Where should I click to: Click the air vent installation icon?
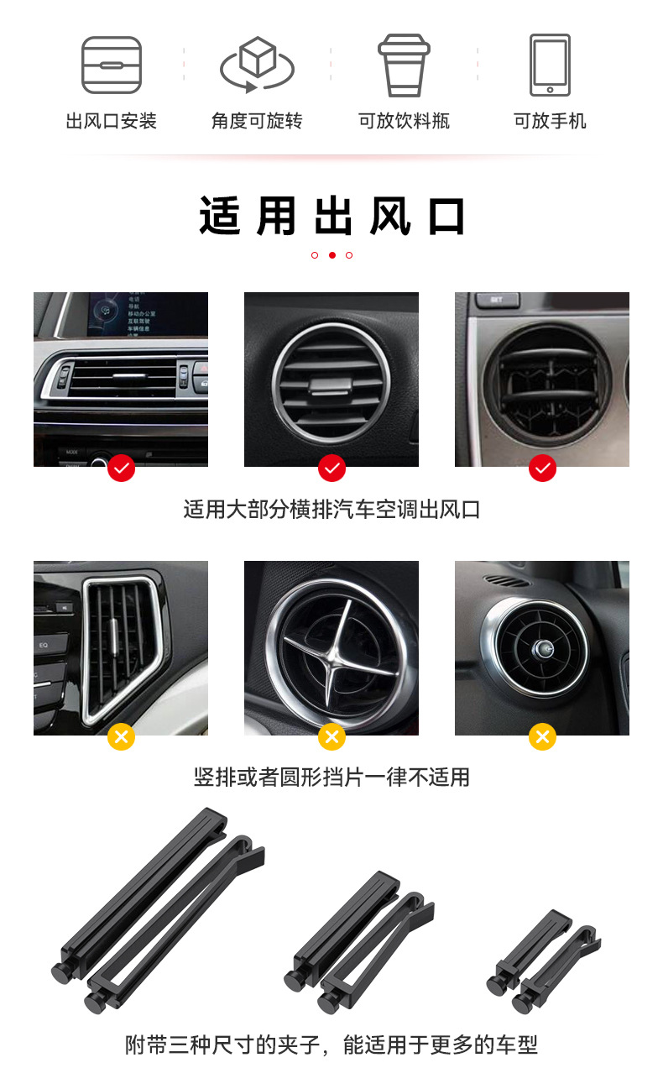[x=111, y=65]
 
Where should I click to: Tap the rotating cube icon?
[x=257, y=65]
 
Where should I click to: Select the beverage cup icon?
[x=404, y=65]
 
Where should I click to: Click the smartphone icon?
[x=550, y=65]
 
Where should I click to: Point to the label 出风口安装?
[x=111, y=121]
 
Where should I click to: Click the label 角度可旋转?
[x=257, y=121]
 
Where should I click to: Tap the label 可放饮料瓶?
[x=404, y=121]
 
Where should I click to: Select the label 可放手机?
[x=550, y=121]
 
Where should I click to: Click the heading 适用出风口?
[x=331, y=217]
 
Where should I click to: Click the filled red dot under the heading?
[x=331, y=255]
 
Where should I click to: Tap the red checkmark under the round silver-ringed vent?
[x=331, y=468]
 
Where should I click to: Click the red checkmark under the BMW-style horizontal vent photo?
[x=121, y=468]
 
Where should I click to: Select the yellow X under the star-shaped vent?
[x=331, y=737]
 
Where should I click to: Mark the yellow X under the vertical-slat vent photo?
[x=121, y=737]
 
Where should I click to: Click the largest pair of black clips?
[x=159, y=911]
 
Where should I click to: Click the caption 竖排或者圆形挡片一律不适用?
[x=331, y=777]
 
